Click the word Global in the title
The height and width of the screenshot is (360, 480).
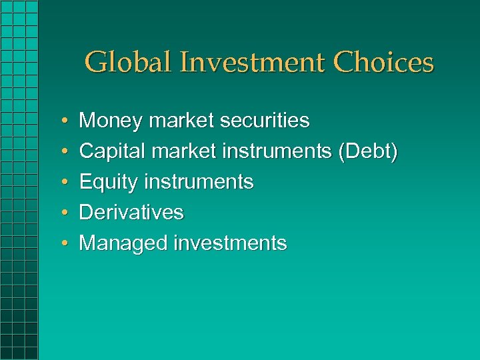click(x=125, y=63)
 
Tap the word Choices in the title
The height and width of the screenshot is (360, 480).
click(x=383, y=63)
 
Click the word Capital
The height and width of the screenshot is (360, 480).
click(x=113, y=151)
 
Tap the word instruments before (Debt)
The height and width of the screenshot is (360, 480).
click(x=277, y=151)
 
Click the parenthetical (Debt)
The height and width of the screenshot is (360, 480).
click(x=368, y=151)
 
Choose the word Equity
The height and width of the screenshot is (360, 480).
click(x=109, y=182)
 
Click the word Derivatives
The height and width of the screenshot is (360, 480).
click(x=131, y=213)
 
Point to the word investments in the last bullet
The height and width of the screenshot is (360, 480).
click(x=230, y=243)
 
